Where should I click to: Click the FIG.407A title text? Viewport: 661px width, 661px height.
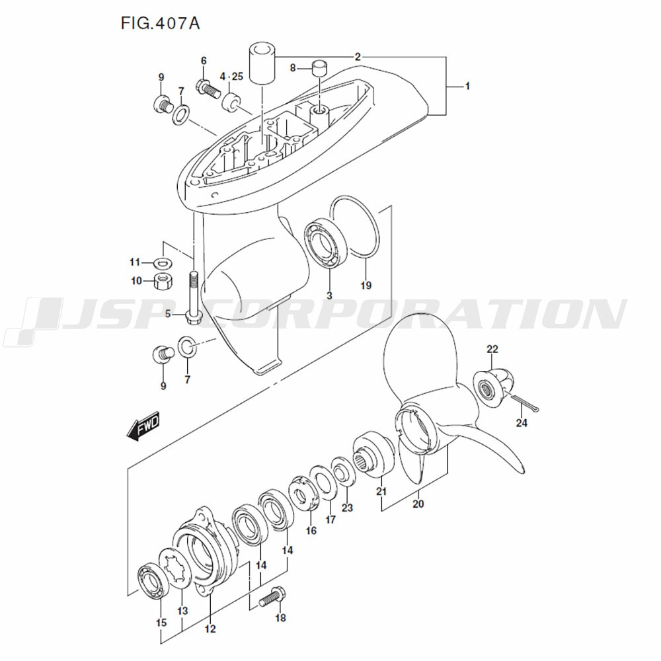pyautogui.click(x=160, y=24)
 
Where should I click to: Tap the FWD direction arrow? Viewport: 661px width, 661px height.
pyautogui.click(x=143, y=425)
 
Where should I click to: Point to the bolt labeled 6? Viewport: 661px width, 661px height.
pyautogui.click(x=208, y=90)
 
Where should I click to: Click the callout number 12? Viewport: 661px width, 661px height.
pyautogui.click(x=210, y=629)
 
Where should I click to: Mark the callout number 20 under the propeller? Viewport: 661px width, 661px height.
pyautogui.click(x=418, y=504)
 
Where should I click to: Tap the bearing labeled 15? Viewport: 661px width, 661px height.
pyautogui.click(x=152, y=581)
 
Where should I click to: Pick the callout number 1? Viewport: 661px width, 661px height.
pyautogui.click(x=467, y=86)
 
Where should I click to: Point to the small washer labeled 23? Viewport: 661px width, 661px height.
pyautogui.click(x=343, y=472)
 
